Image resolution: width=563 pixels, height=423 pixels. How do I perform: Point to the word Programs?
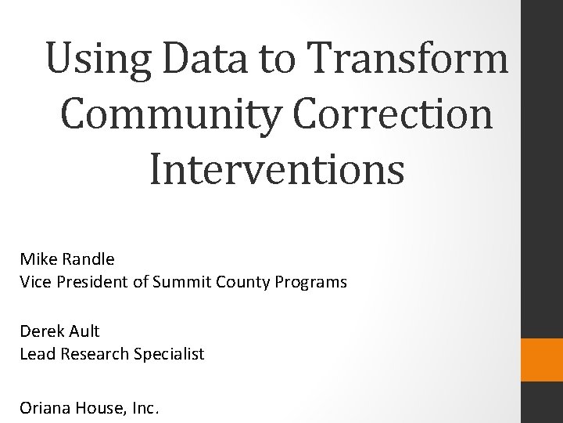(x=319, y=282)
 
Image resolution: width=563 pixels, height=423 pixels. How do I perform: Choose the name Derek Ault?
(x=59, y=331)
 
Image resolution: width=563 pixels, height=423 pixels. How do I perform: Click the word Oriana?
(x=44, y=407)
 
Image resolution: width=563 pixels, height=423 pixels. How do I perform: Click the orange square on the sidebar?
(x=542, y=360)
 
